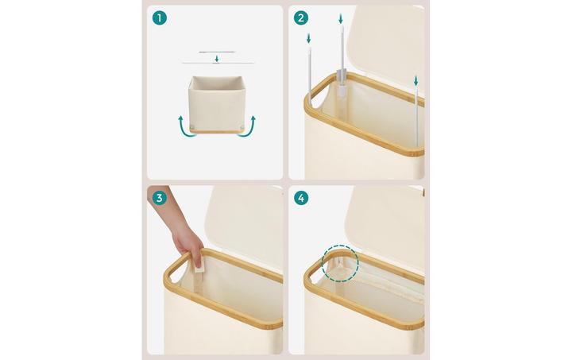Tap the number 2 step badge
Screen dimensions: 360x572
300,17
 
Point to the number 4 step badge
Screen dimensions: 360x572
300,198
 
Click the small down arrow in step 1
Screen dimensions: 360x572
216,58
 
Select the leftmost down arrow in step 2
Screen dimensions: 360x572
308,38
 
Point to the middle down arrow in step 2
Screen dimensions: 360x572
340,17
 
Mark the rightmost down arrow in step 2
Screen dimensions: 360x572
415,79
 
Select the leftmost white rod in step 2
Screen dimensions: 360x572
310,72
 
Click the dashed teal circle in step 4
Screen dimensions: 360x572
341,263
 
